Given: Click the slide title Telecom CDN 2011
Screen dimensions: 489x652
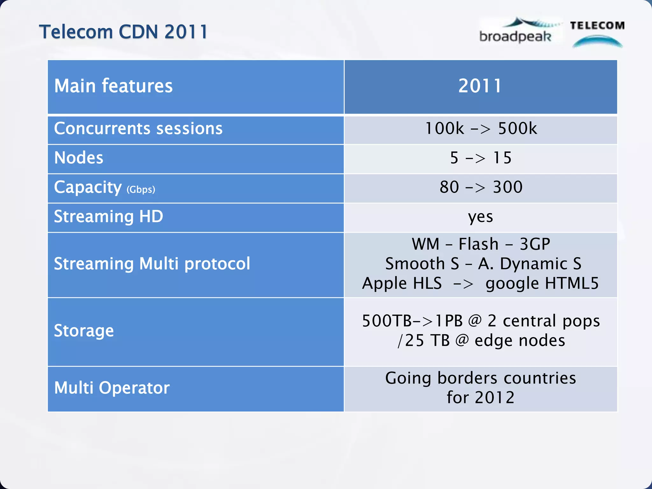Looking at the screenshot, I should (123, 32).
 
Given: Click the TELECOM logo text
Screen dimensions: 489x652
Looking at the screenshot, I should (597, 25).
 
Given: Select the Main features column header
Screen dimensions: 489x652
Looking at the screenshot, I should (113, 86).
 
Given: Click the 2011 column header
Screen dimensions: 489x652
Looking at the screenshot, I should (480, 86).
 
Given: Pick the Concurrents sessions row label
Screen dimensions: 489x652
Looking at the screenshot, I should (138, 129).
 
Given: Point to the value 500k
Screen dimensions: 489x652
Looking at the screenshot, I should (517, 129).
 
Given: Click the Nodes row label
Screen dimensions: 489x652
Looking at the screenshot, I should (79, 158).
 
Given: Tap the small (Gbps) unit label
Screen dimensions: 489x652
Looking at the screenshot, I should (141, 189).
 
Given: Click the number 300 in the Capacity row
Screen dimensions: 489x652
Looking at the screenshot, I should (507, 187).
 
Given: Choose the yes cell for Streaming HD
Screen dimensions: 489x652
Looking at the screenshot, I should (480, 217).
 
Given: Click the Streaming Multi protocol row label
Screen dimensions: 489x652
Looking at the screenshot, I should (152, 264).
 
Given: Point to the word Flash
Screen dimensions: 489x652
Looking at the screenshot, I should (478, 244).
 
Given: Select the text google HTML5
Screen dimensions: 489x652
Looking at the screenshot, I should (542, 283).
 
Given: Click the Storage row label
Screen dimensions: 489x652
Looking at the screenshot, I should (84, 331).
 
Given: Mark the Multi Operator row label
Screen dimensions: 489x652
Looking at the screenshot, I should (112, 388).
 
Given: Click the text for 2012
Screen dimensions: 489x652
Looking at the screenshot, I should (480, 398).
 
